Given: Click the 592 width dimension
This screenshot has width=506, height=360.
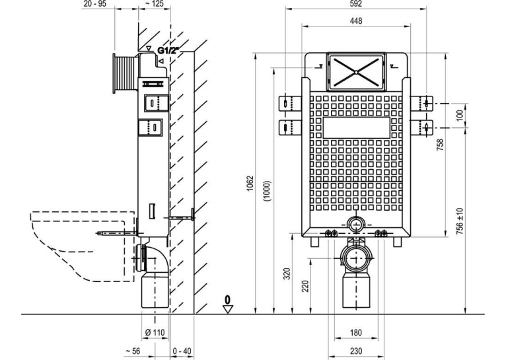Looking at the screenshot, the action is pyautogui.click(x=355, y=3).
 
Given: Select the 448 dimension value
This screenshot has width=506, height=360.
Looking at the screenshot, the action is pyautogui.click(x=356, y=21).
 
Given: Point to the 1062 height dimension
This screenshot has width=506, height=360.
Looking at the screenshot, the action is pyautogui.click(x=250, y=183).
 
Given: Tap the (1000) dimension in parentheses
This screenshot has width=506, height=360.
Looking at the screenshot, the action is pyautogui.click(x=268, y=191).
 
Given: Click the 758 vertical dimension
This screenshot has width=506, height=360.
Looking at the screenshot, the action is pyautogui.click(x=440, y=145).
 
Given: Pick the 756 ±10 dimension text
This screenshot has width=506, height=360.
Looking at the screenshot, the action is pyautogui.click(x=460, y=221).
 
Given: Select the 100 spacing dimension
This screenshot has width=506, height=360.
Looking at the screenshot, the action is pyautogui.click(x=460, y=115).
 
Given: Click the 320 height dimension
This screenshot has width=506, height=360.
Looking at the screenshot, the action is pyautogui.click(x=287, y=273).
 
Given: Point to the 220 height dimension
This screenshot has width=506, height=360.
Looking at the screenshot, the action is pyautogui.click(x=305, y=286).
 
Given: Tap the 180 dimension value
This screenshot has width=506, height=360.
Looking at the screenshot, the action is pyautogui.click(x=355, y=332).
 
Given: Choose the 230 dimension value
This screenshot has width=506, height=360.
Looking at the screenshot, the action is pyautogui.click(x=355, y=351).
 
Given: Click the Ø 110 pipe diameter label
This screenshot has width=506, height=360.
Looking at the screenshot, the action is pyautogui.click(x=155, y=332).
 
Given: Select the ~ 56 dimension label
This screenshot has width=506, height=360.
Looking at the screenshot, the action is pyautogui.click(x=132, y=351).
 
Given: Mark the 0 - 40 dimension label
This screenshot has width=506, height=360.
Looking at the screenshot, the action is pyautogui.click(x=182, y=351).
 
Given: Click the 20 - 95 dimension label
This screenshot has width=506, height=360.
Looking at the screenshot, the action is pyautogui.click(x=94, y=3).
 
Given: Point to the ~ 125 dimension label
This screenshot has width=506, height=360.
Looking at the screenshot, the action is pyautogui.click(x=155, y=3).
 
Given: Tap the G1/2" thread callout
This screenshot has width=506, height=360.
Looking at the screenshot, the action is pyautogui.click(x=168, y=50).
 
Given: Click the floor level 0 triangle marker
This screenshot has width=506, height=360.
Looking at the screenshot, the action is pyautogui.click(x=228, y=305).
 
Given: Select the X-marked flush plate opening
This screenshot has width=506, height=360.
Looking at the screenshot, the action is pyautogui.click(x=356, y=72).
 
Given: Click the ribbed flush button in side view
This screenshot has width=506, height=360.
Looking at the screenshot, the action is pyautogui.click(x=124, y=73).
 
